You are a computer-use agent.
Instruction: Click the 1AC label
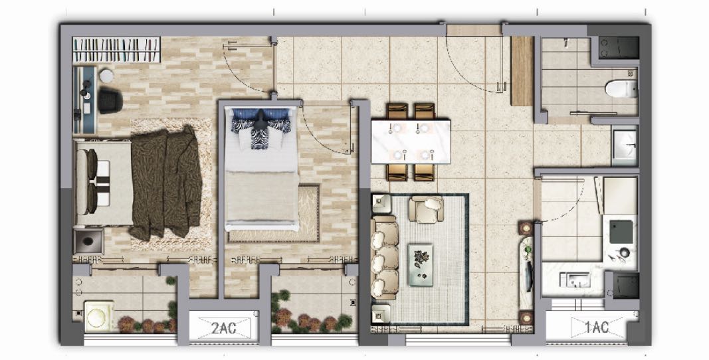(597, 327)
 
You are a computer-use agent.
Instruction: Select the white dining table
(411, 141)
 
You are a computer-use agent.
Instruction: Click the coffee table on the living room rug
(421, 266)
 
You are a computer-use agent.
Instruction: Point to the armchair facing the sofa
(426, 209)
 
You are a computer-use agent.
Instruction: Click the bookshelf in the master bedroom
(117, 50)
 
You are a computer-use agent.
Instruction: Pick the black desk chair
(110, 100)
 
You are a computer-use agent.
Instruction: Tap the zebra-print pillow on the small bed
(260, 137)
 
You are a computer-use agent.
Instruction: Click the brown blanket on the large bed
(165, 183)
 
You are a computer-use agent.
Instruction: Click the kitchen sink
(575, 280)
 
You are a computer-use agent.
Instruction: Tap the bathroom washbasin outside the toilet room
(625, 145)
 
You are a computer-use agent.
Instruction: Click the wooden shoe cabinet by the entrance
(522, 70)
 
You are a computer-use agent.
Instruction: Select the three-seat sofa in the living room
(384, 258)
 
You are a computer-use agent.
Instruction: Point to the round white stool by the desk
(106, 76)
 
